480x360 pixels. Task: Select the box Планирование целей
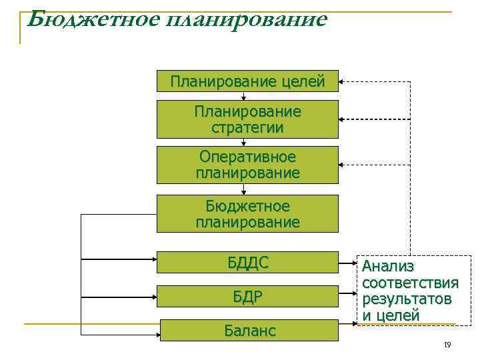click(x=247, y=81)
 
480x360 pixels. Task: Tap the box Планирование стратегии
click(x=247, y=119)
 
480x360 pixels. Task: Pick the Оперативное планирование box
click(x=247, y=165)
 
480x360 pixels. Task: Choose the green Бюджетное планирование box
click(x=247, y=213)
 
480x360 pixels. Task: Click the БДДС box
click(x=247, y=262)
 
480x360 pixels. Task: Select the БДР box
click(x=247, y=297)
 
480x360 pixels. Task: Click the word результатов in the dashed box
click(x=406, y=299)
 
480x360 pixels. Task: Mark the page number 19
click(x=447, y=345)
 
